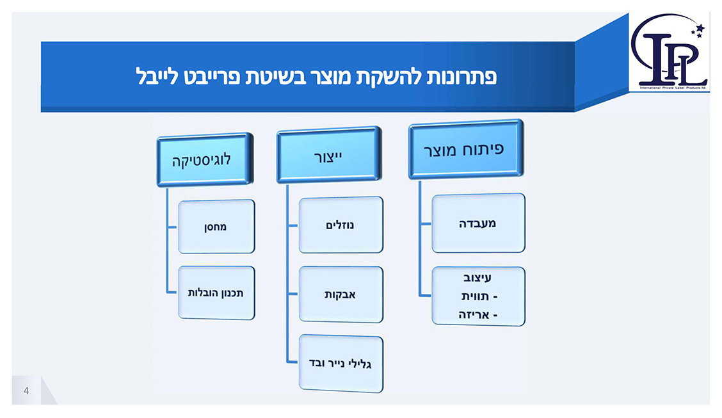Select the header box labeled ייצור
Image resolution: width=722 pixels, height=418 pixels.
click(328, 155)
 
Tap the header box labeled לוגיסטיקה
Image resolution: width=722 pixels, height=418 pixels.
click(204, 160)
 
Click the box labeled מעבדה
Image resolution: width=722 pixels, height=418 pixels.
click(478, 223)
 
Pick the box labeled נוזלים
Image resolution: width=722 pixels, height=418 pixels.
click(341, 225)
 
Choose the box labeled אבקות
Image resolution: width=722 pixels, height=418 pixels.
click(341, 294)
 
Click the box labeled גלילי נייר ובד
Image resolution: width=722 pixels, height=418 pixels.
click(341, 364)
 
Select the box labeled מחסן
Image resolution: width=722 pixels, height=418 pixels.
click(216, 227)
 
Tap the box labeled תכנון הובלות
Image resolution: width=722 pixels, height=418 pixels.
click(216, 293)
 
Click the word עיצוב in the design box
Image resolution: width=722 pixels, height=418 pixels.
click(478, 278)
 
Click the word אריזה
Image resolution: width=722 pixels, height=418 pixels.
click(474, 314)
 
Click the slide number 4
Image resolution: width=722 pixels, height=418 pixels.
click(26, 391)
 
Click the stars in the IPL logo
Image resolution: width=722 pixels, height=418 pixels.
click(697, 30)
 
